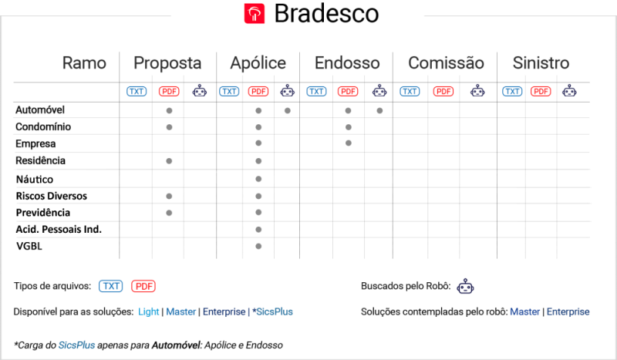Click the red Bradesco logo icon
(255, 14)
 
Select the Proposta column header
(167, 63)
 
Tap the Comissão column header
(446, 63)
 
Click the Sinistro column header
(541, 63)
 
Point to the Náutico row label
(35, 180)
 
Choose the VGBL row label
(29, 246)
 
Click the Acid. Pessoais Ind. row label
(59, 230)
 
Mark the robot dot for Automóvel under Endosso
(379, 110)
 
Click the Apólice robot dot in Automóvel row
(288, 110)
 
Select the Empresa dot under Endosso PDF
(349, 143)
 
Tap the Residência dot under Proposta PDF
(169, 161)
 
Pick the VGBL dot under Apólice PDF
(258, 246)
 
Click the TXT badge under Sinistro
(512, 91)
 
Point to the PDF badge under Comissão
(443, 91)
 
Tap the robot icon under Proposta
(200, 91)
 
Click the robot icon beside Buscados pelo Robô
(466, 287)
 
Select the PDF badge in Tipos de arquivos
(143, 286)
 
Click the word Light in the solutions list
(148, 311)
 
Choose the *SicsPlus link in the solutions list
(273, 311)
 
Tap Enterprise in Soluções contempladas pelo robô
(568, 311)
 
